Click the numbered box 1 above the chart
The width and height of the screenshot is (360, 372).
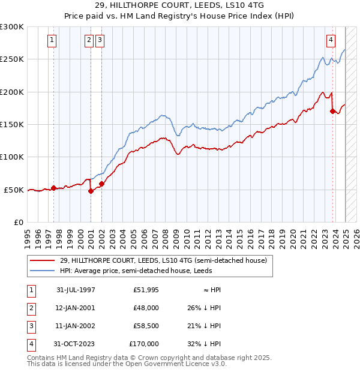52,40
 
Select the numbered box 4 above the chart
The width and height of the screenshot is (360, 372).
331,40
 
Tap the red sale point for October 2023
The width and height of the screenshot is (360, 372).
332,111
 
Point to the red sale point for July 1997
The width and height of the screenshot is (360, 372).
53,188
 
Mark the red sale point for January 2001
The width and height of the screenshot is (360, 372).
91,191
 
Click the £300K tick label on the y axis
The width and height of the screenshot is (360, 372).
12,27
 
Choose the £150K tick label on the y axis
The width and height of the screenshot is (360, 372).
12,124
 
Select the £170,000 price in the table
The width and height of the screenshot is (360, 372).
144,344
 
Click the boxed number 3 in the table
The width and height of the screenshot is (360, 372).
30,326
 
